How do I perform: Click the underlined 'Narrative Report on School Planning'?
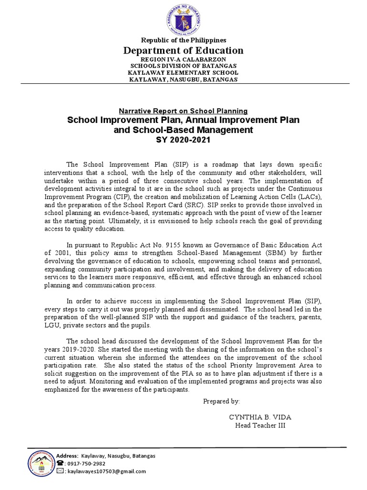pos(183,111)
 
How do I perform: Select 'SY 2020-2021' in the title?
pos(183,139)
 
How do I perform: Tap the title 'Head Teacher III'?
pos(260,426)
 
